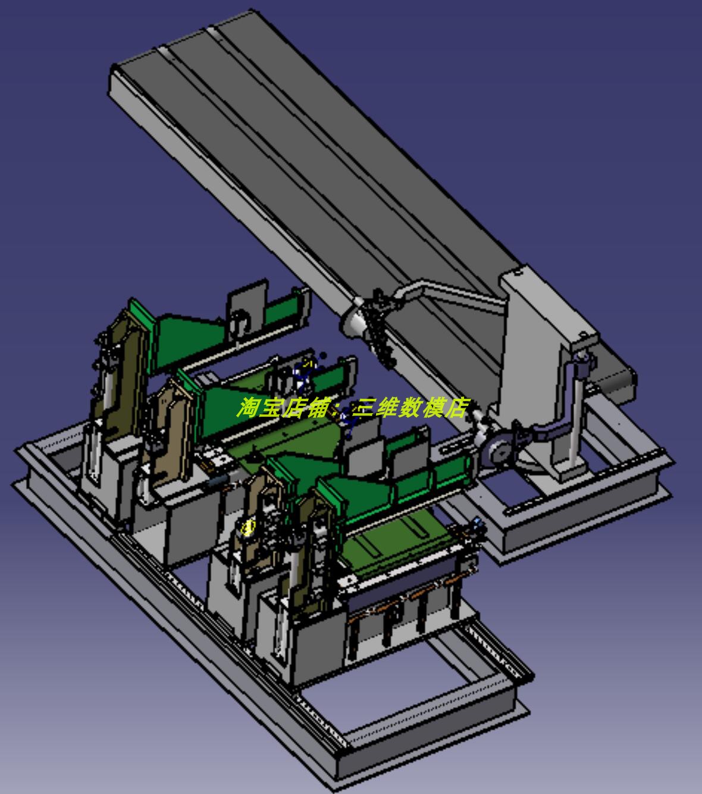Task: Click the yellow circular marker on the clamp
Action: (x=248, y=527)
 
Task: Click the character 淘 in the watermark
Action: (x=247, y=408)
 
